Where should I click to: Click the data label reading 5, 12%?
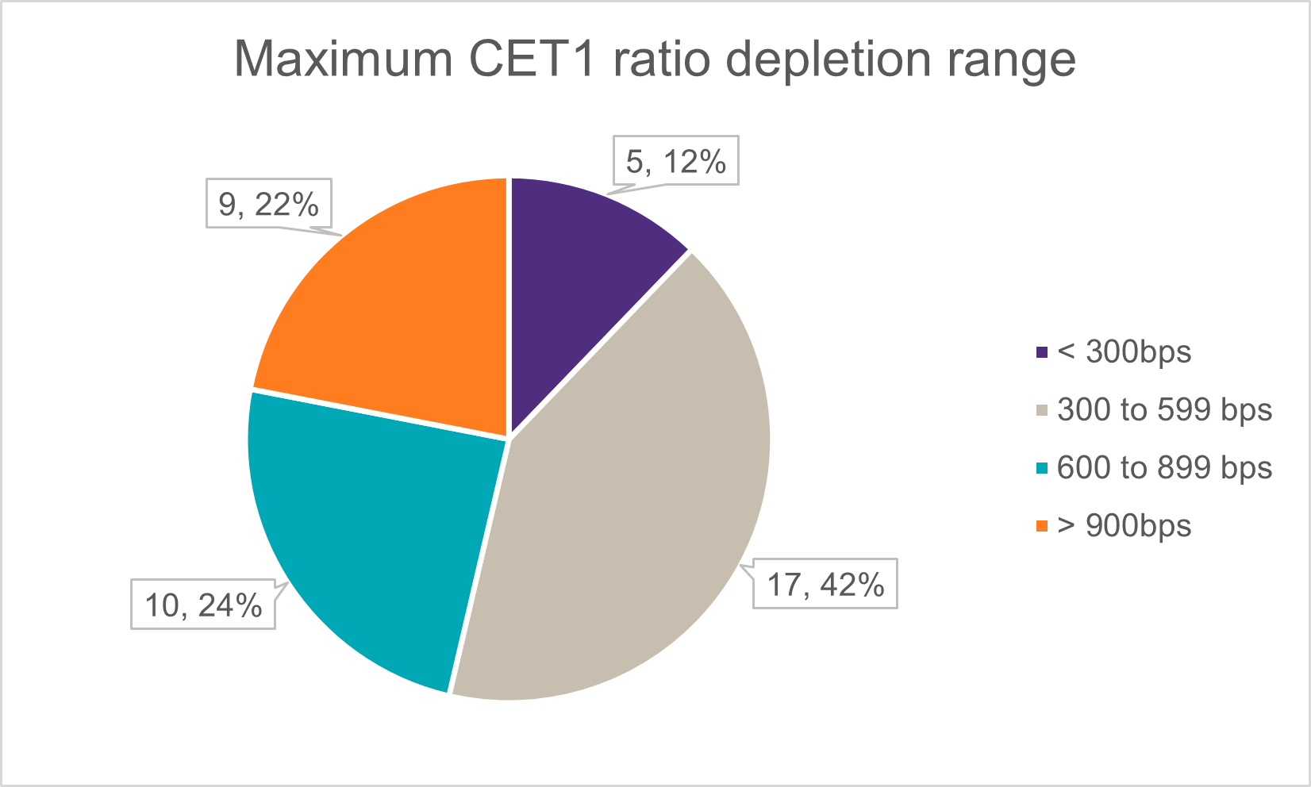(675, 161)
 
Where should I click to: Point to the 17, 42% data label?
(825, 585)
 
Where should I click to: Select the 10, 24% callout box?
(203, 605)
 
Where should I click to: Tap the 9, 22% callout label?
(268, 205)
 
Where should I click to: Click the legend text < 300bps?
(1124, 351)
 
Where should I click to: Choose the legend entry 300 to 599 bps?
(1164, 409)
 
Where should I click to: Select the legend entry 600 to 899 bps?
(1164, 467)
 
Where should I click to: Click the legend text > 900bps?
(1124, 525)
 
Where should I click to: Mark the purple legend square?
(1042, 352)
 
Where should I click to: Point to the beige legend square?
(1042, 410)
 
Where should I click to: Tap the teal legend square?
(1042, 468)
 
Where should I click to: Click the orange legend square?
(1042, 526)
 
